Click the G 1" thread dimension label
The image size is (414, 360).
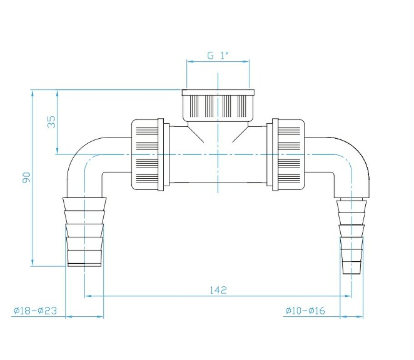pyautogui.click(x=218, y=56)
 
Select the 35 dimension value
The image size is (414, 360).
pyautogui.click(x=51, y=122)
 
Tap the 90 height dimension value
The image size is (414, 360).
pyautogui.click(x=26, y=178)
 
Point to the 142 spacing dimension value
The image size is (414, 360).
pyautogui.click(x=218, y=289)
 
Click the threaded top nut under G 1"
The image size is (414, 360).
pyautogui.click(x=218, y=105)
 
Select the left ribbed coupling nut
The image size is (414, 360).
pyautogui.click(x=149, y=154)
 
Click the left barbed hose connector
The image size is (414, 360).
pyautogui.click(x=85, y=231)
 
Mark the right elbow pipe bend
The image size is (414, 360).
pyautogui.click(x=355, y=159)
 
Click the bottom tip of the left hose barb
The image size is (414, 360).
pyautogui.click(x=85, y=266)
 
